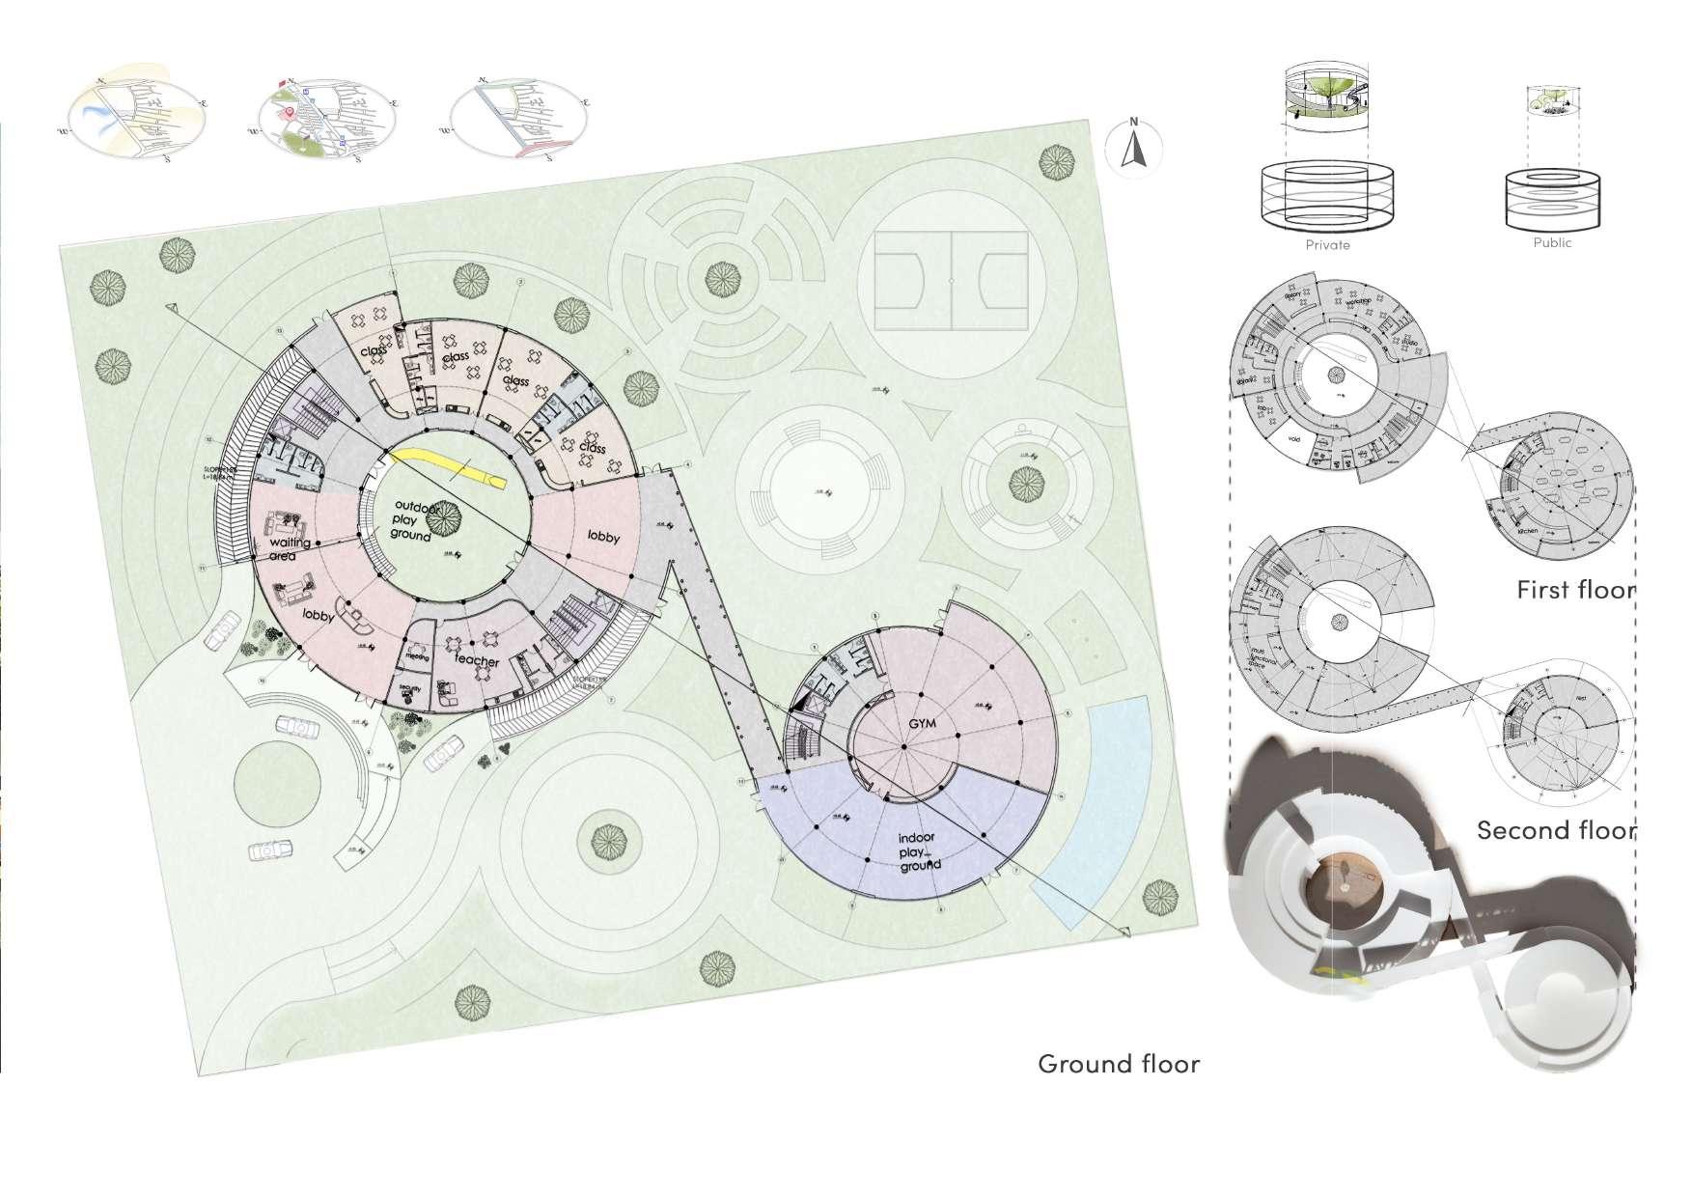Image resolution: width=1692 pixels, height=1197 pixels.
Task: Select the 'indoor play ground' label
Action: [x=918, y=851]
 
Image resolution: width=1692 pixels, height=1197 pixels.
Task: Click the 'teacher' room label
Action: [x=477, y=661]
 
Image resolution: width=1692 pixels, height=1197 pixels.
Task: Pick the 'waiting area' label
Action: [x=290, y=549]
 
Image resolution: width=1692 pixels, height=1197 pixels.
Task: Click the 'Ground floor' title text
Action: [x=1119, y=1064]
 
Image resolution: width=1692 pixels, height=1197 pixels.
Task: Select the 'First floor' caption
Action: [x=1575, y=589]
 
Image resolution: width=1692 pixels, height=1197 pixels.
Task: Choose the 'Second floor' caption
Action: [x=1556, y=830]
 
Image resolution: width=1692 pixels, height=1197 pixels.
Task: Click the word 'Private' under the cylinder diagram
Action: [x=1327, y=245]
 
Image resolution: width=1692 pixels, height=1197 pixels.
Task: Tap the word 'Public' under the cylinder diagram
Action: [x=1552, y=243]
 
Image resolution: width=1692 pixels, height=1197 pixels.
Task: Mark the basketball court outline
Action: [x=952, y=281]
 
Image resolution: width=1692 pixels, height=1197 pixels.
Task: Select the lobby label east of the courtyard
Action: [x=603, y=537]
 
